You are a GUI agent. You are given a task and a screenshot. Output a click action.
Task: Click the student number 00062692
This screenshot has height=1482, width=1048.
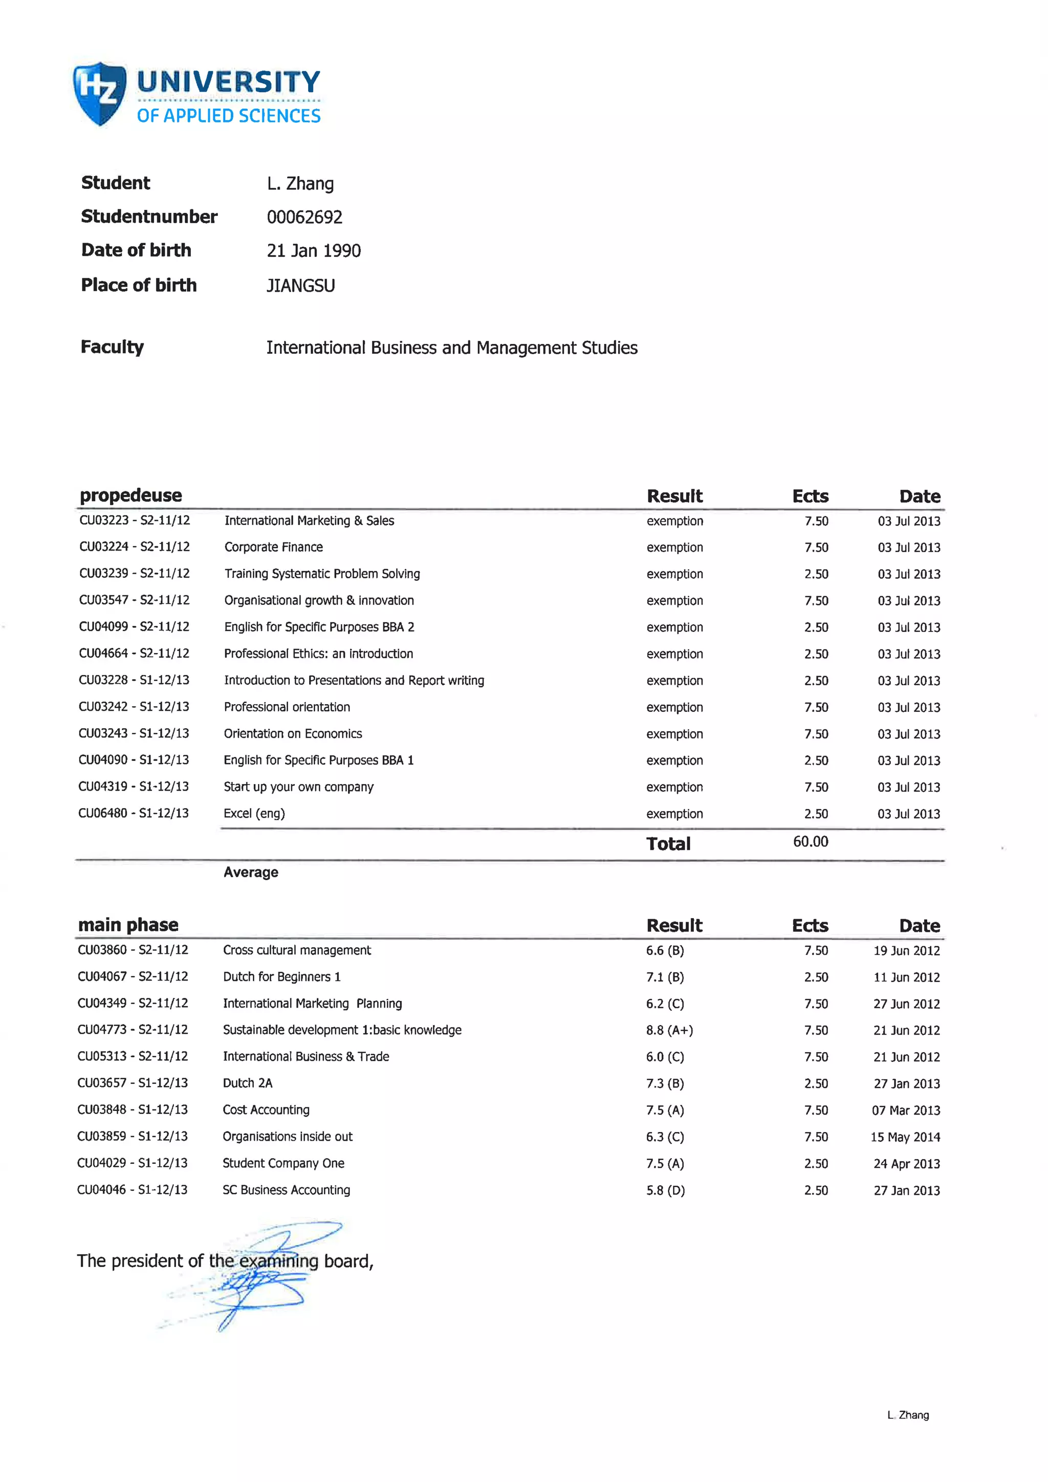(304, 217)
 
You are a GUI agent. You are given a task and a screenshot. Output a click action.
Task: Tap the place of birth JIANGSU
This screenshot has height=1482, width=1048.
(301, 286)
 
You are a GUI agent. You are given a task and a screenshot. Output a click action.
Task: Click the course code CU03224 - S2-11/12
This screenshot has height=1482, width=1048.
(134, 547)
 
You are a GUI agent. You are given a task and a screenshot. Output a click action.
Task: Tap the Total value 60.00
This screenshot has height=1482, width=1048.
(810, 842)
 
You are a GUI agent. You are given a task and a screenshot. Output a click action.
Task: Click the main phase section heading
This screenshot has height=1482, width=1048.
(128, 925)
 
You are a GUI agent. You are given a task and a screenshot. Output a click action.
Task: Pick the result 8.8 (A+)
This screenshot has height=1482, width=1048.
(669, 1030)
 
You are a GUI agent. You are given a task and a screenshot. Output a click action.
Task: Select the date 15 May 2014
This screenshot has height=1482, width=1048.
(905, 1137)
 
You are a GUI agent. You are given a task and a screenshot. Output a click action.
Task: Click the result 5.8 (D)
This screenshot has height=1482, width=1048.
(665, 1190)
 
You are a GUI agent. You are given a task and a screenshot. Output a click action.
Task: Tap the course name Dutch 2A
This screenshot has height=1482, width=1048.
(247, 1083)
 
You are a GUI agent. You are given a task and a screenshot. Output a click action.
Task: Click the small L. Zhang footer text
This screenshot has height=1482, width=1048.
(907, 1415)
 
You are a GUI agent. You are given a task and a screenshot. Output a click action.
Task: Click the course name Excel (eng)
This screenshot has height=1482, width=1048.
(254, 813)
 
